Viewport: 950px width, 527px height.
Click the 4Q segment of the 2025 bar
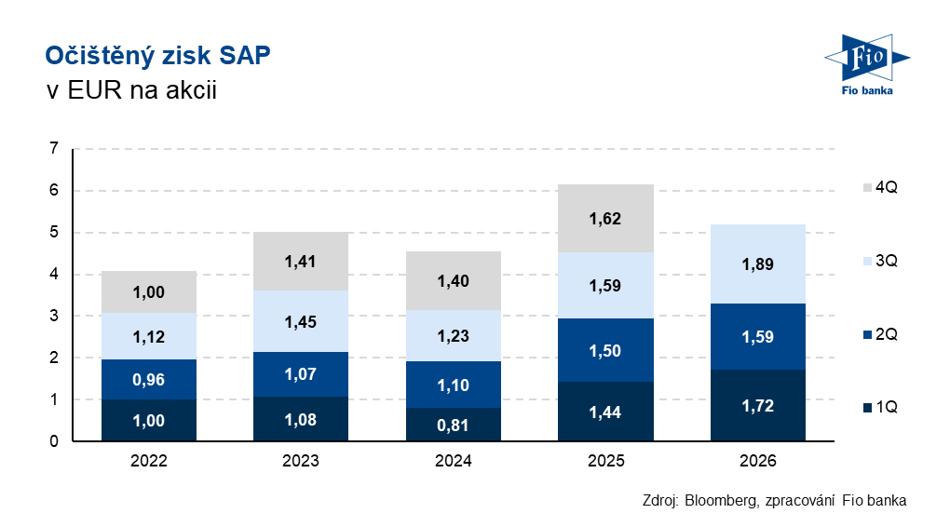pos(605,218)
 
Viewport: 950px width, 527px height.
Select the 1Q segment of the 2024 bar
pos(454,424)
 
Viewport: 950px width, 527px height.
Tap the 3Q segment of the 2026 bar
pos(758,264)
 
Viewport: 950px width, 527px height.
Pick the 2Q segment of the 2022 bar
pos(149,379)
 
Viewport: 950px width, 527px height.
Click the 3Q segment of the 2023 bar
pos(301,321)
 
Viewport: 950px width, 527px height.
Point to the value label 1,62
pos(605,219)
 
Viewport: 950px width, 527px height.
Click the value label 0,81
pos(454,426)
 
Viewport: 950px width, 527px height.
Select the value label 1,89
pos(758,264)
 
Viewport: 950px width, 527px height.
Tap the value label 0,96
pos(148,380)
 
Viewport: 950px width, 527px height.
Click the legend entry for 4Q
pos(880,187)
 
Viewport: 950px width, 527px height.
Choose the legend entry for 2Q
pos(880,334)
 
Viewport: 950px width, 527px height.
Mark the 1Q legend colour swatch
pos(868,408)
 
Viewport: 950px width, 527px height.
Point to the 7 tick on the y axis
pos(54,148)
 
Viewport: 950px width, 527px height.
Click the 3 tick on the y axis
pos(54,316)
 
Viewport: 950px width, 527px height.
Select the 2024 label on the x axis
pos(454,461)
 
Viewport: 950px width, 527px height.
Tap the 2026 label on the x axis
pos(758,461)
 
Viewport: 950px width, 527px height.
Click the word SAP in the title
pos(245,56)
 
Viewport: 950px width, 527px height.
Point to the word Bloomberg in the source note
pos(721,501)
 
